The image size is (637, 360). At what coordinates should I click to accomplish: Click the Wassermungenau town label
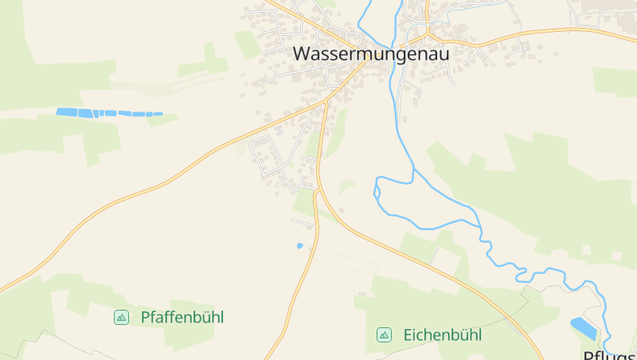371,54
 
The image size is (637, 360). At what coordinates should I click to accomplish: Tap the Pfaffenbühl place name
182,317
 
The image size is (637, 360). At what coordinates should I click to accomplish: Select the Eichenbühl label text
442,335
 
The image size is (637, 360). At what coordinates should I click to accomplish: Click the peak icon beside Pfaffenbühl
121,317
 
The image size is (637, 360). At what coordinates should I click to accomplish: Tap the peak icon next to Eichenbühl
384,335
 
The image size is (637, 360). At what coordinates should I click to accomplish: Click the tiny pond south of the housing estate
300,245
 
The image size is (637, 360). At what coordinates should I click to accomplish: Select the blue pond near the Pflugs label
583,327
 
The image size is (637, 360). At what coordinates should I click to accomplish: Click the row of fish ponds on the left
107,113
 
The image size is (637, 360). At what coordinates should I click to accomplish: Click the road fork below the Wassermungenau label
326,102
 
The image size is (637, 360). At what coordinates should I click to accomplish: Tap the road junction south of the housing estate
317,191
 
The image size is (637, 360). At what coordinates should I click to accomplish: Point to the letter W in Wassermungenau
303,54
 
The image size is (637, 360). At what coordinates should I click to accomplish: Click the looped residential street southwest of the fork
267,155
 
